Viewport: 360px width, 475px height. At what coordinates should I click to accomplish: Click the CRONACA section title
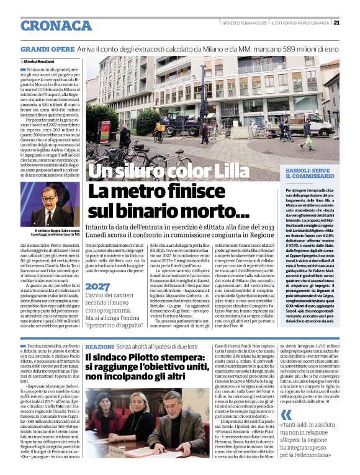click(x=56, y=25)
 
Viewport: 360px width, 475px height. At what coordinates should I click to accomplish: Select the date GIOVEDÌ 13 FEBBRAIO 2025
click(x=245, y=24)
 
